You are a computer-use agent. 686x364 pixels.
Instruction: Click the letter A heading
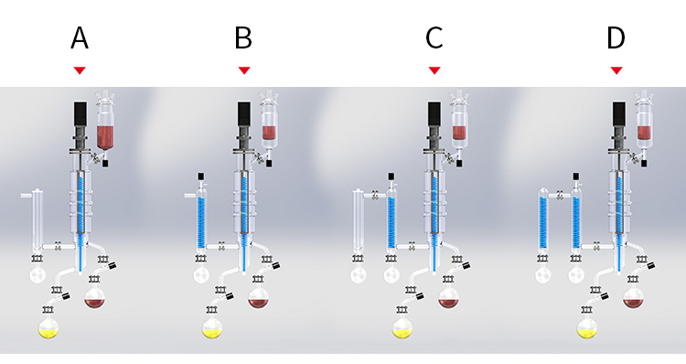pyautogui.click(x=80, y=38)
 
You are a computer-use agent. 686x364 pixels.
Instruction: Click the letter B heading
pyautogui.click(x=243, y=38)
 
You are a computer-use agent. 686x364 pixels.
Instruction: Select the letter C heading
pyautogui.click(x=434, y=38)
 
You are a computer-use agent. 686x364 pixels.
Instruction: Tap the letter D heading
pyautogui.click(x=616, y=38)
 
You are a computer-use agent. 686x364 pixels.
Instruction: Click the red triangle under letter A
pyautogui.click(x=80, y=70)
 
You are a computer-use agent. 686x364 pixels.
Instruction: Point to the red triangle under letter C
pyautogui.click(x=434, y=70)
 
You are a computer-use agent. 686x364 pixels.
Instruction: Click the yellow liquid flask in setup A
pyautogui.click(x=48, y=328)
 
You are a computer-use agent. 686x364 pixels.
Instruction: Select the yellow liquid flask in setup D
pyautogui.click(x=587, y=328)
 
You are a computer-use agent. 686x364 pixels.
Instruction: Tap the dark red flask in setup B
pyautogui.click(x=259, y=298)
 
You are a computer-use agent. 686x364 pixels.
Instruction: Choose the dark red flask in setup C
pyautogui.click(x=449, y=298)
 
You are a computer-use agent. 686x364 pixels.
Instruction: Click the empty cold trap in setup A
pyautogui.click(x=38, y=221)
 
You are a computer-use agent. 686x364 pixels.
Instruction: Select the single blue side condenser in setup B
pyautogui.click(x=201, y=221)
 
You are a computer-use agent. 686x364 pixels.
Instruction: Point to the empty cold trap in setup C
pyautogui.click(x=359, y=221)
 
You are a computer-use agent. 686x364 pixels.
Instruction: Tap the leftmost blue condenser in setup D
pyautogui.click(x=543, y=221)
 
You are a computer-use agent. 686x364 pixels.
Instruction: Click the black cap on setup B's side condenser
pyautogui.click(x=201, y=177)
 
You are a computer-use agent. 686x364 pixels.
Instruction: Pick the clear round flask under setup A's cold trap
pyautogui.click(x=38, y=274)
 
